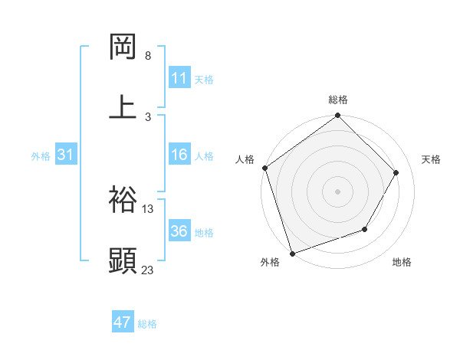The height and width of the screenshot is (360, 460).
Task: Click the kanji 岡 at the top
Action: [123, 47]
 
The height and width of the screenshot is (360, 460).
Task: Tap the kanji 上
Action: [123, 107]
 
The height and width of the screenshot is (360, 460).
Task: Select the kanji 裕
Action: [123, 199]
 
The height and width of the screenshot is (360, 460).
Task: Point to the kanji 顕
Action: [123, 260]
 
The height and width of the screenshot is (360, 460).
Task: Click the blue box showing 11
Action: [179, 78]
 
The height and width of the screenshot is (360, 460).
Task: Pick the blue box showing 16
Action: [179, 155]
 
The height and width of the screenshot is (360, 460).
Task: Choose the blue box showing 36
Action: [179, 231]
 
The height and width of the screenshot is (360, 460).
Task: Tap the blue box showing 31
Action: [65, 155]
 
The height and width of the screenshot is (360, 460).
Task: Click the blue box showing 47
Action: [123, 322]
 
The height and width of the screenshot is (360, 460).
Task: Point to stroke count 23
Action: [148, 269]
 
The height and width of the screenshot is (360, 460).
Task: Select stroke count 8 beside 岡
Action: [148, 56]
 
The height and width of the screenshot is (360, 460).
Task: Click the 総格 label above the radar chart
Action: [338, 100]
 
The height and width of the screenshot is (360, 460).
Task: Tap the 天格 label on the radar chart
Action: [432, 159]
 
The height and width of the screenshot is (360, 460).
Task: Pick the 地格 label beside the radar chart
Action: [402, 263]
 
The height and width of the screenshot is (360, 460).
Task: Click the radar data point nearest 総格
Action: [338, 116]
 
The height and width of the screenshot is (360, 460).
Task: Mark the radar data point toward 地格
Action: [365, 229]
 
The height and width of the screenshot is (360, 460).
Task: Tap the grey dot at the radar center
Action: [338, 191]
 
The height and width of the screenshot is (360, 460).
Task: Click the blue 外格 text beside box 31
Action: [41, 156]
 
